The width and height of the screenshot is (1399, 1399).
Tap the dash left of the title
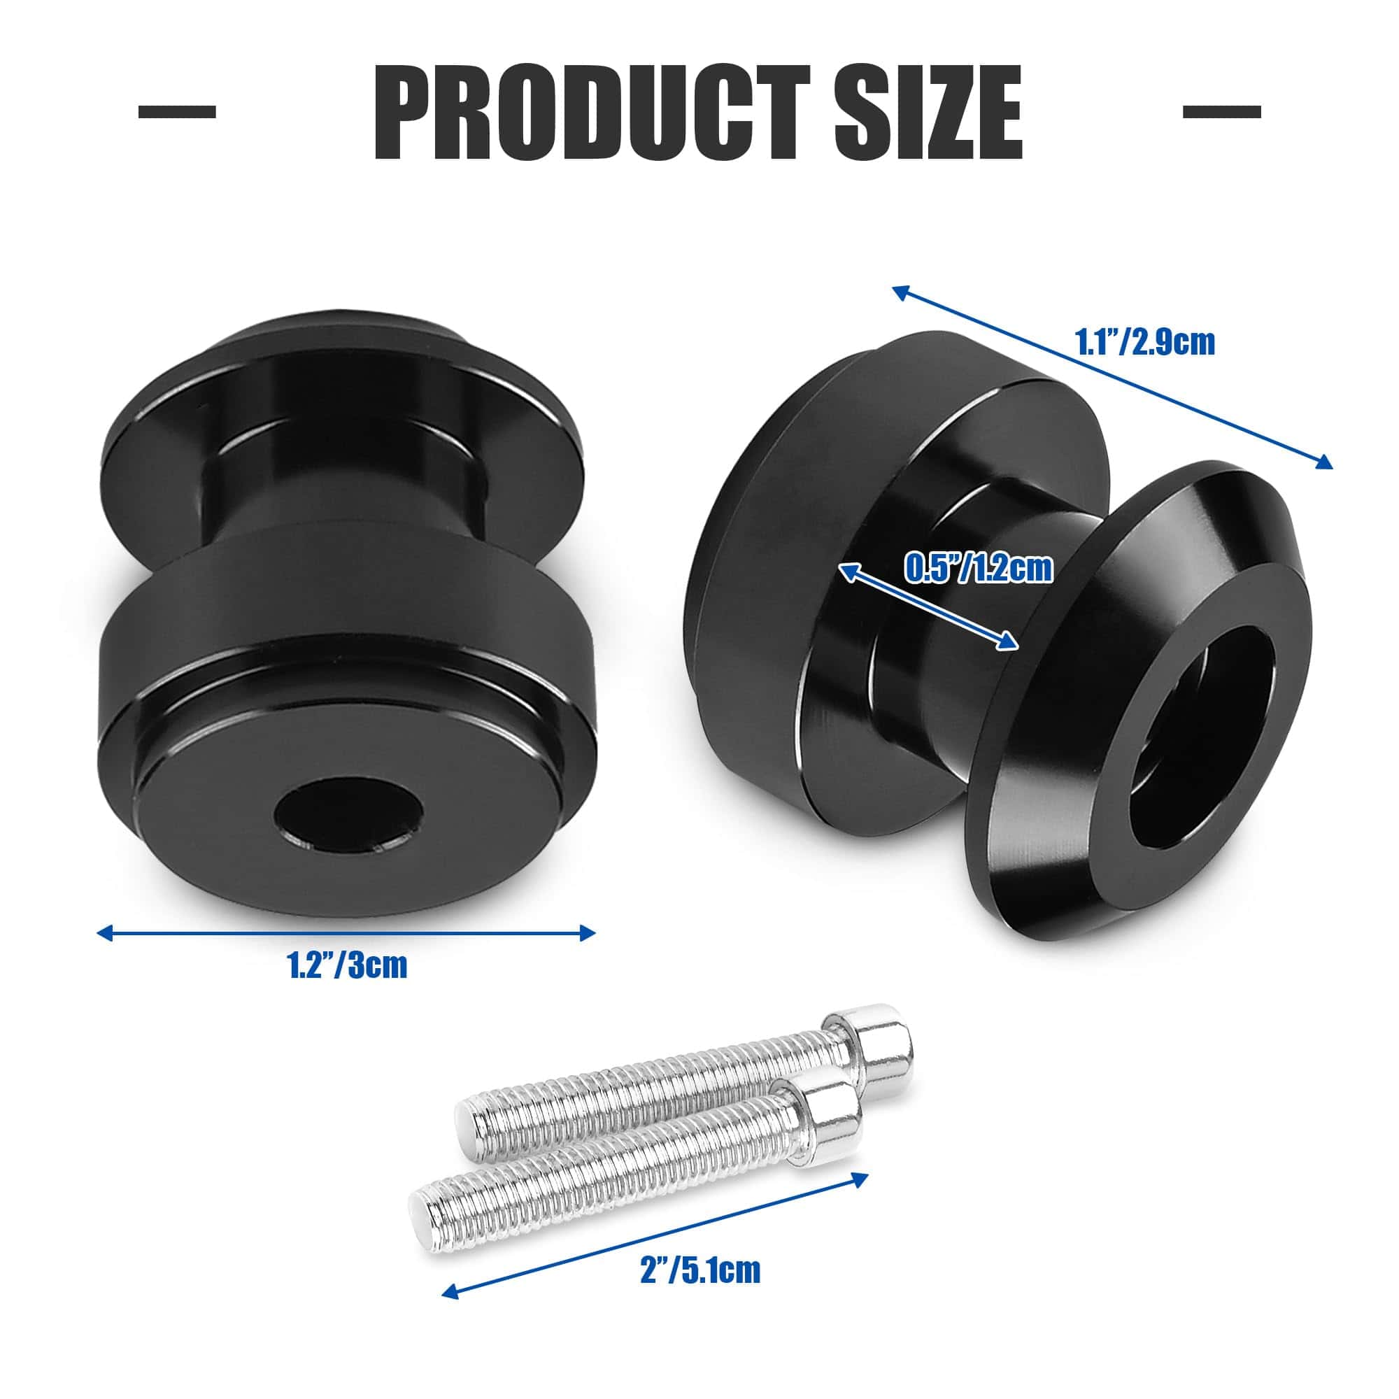(x=177, y=111)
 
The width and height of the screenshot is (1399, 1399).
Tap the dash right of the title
(x=1221, y=111)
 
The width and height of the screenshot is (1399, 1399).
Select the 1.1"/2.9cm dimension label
(x=1145, y=343)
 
